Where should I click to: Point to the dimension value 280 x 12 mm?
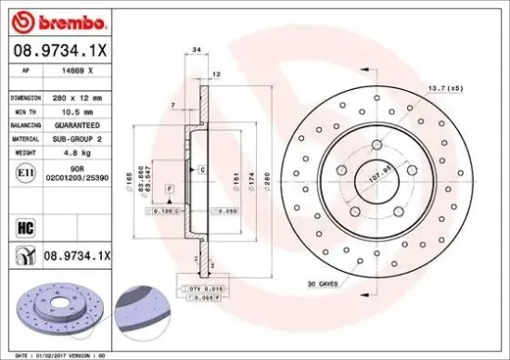click(x=77, y=96)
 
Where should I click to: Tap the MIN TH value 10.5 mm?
click(x=70, y=109)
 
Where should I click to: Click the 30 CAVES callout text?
click(x=322, y=285)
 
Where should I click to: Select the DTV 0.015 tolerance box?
click(x=206, y=289)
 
